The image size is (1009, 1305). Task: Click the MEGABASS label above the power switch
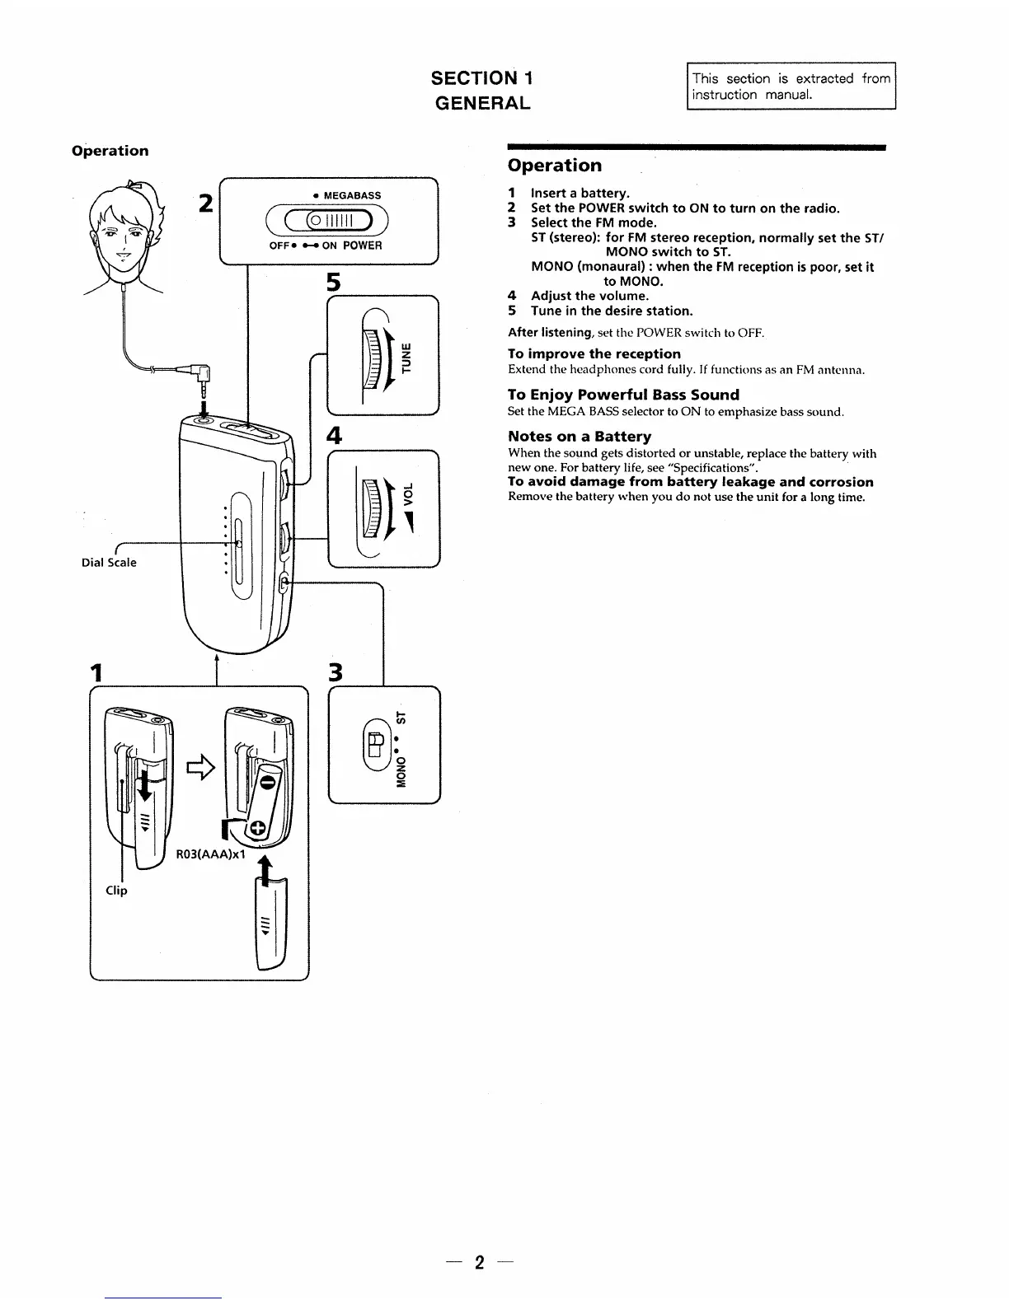[x=352, y=195]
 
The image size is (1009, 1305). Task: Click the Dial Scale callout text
[x=109, y=563]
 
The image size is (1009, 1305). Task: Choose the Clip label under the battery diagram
[x=116, y=891]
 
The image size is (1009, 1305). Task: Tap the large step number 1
[x=98, y=672]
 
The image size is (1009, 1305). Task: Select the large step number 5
[x=333, y=282]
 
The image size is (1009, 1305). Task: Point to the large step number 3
[x=335, y=672]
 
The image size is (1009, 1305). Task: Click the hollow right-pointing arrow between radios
[x=199, y=768]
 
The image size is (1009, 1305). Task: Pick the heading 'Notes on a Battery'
[x=580, y=437]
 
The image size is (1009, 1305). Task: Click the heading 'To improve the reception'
[x=594, y=353]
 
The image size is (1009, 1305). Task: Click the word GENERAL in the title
[x=482, y=103]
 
